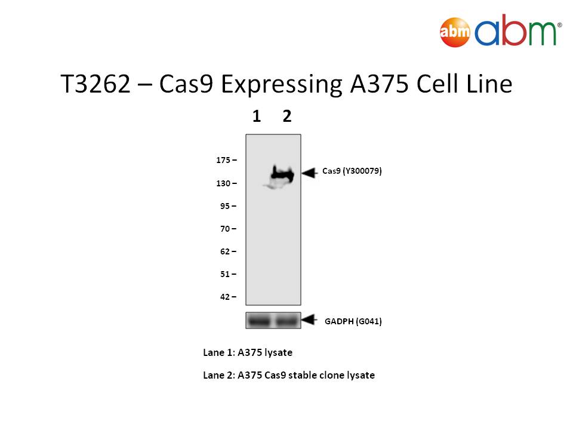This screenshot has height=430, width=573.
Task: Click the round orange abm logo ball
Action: tap(455, 32)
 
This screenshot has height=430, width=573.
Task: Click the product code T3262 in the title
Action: tap(95, 84)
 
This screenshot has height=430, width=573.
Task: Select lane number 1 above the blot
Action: tap(257, 116)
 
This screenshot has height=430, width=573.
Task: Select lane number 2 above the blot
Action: tap(287, 116)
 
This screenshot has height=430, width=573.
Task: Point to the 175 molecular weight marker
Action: tap(223, 160)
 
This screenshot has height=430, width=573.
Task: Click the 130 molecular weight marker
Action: tap(223, 183)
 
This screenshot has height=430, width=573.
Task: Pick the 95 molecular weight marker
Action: tap(225, 206)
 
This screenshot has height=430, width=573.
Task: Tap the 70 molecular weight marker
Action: tap(225, 229)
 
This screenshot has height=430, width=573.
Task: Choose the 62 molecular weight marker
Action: tap(225, 251)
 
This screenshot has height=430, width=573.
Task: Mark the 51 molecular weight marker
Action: tap(225, 274)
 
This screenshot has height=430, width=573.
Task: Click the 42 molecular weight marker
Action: tap(225, 297)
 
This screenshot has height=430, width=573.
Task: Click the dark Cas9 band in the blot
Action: tap(282, 175)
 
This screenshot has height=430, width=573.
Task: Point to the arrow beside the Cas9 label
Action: tap(309, 173)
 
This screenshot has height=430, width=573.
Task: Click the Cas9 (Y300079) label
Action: tap(352, 171)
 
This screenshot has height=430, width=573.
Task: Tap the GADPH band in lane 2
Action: tap(286, 321)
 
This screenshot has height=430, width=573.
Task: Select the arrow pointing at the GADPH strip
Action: tap(309, 320)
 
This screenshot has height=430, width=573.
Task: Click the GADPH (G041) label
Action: tap(353, 321)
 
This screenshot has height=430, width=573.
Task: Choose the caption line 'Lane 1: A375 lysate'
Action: tap(248, 352)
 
